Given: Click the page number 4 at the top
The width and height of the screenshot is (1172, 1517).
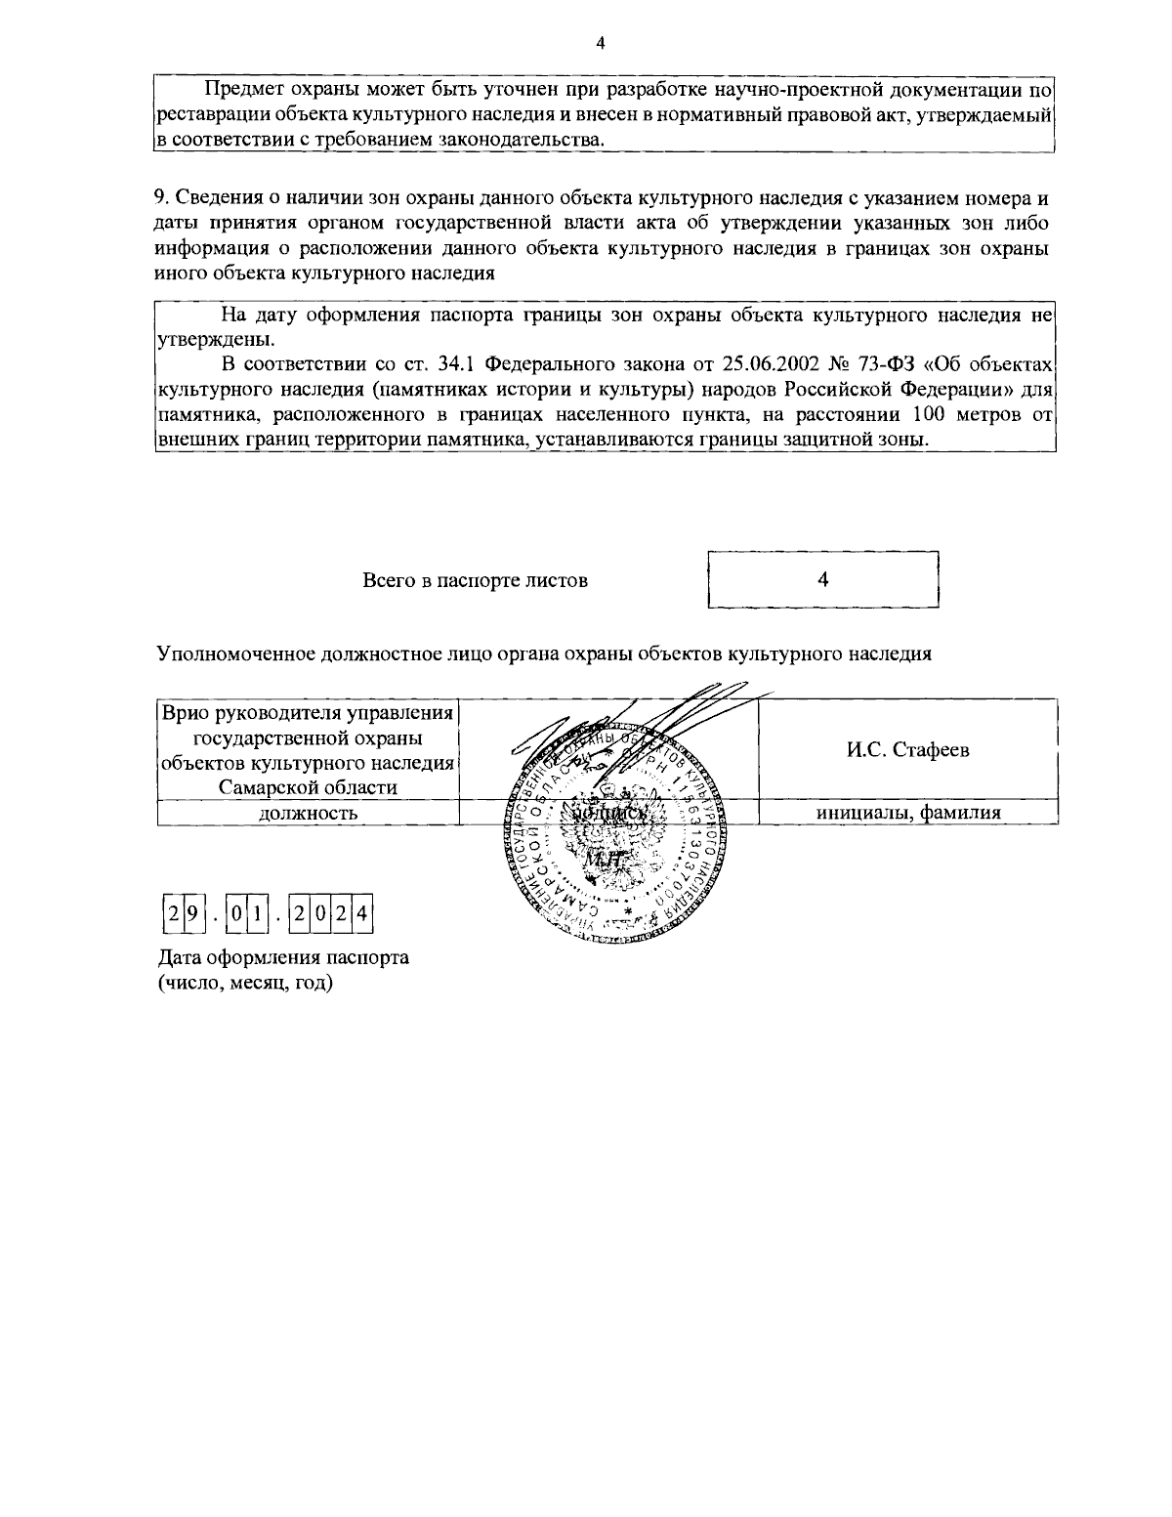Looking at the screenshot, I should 600,42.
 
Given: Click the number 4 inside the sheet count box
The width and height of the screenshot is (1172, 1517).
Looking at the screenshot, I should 823,579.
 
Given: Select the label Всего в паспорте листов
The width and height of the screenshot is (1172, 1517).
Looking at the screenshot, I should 476,580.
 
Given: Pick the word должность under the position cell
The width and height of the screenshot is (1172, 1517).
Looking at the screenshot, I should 308,813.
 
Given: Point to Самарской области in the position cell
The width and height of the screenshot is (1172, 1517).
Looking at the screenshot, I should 308,787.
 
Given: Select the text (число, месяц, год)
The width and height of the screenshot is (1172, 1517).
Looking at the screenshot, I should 246,982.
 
